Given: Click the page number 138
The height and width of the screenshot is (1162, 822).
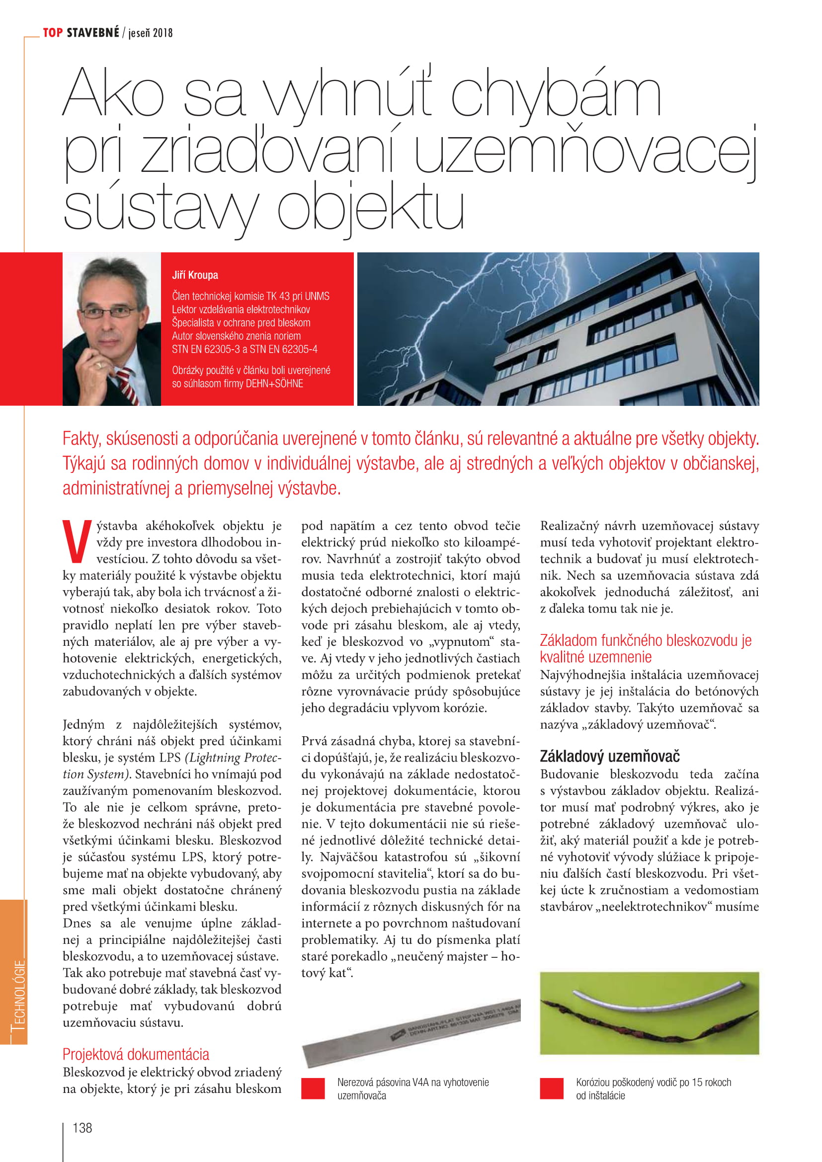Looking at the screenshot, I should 82,1128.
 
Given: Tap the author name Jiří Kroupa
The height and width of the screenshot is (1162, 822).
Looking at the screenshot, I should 195,275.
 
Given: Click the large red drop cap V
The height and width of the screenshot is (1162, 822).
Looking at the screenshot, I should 77,542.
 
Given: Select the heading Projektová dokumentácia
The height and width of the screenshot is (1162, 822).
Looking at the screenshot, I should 136,1054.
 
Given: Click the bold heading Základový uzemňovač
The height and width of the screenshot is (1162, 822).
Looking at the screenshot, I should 609,756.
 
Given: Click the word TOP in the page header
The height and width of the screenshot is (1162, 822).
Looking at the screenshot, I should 53,33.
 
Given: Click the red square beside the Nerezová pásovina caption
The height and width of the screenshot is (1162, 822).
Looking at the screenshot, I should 313,1088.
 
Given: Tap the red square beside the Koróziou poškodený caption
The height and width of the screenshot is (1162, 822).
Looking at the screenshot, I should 551,1088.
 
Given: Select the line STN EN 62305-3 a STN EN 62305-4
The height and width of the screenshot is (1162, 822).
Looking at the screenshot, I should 245,349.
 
